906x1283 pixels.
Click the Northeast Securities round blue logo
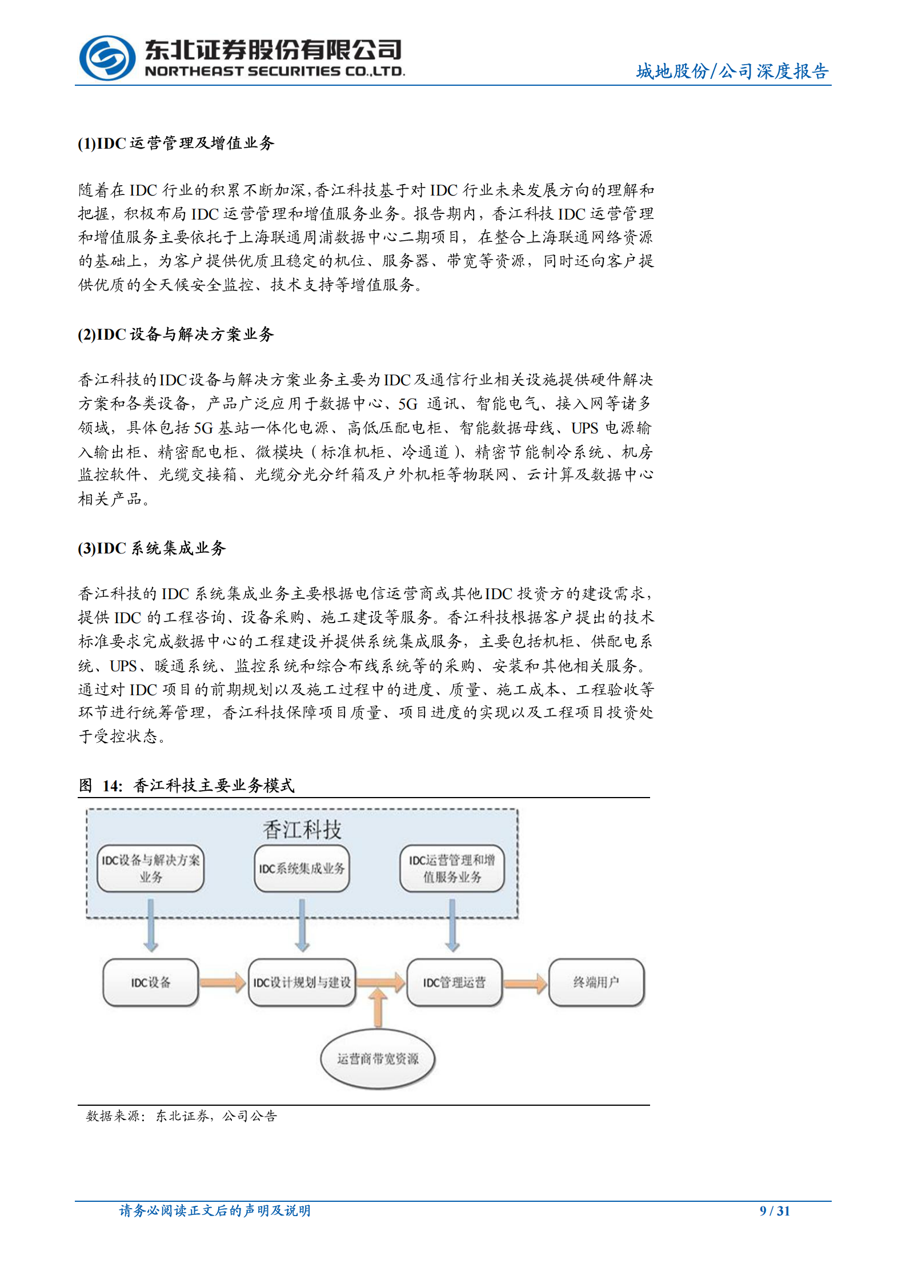point(107,58)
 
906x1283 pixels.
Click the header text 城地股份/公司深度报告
point(732,71)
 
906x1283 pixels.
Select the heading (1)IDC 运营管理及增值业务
point(176,143)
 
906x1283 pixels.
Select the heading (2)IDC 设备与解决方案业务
point(176,334)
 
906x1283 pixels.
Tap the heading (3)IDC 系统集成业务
point(152,548)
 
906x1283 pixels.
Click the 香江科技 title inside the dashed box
point(302,830)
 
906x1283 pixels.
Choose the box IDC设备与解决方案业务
point(151,868)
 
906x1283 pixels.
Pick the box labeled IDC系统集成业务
point(302,868)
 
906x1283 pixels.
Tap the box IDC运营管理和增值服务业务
point(452,868)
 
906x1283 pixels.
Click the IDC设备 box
point(151,982)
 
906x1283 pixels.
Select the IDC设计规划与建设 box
point(302,982)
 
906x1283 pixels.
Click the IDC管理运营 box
point(454,982)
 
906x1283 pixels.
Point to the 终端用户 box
point(596,982)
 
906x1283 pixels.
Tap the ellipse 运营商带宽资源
point(378,1059)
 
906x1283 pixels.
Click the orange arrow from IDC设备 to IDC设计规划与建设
point(223,982)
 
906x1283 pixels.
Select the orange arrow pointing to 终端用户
point(526,983)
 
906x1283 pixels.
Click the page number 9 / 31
point(774,1210)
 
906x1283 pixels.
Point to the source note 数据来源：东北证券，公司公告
point(181,1115)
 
